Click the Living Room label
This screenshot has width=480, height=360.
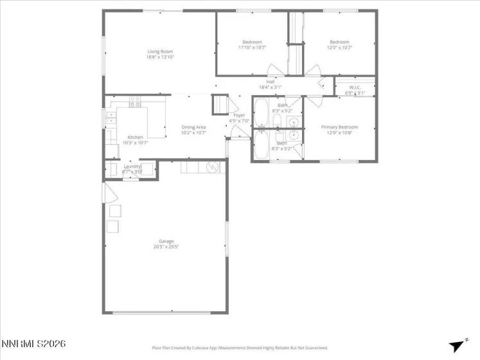[x=160, y=51]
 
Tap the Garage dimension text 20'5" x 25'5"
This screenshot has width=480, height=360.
[x=166, y=246]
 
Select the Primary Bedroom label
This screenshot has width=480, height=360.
[x=339, y=127]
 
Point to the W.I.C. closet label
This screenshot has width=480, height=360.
[x=355, y=87]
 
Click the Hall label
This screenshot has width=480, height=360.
[x=271, y=82]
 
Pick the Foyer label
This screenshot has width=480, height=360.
[x=239, y=115]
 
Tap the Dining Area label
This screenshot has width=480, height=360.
[x=193, y=127]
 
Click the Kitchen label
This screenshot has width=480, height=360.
[x=135, y=137]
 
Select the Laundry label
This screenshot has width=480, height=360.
[x=132, y=166]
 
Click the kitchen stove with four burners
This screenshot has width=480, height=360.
[x=135, y=101]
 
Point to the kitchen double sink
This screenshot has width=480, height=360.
[x=111, y=118]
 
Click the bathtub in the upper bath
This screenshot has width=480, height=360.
[x=262, y=113]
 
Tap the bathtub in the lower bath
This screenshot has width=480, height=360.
[x=262, y=145]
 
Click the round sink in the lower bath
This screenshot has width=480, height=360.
[x=293, y=135]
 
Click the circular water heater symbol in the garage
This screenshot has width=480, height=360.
[x=210, y=167]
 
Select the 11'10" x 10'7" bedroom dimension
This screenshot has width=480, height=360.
[x=252, y=47]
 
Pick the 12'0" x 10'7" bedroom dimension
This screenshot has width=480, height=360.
[x=339, y=47]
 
